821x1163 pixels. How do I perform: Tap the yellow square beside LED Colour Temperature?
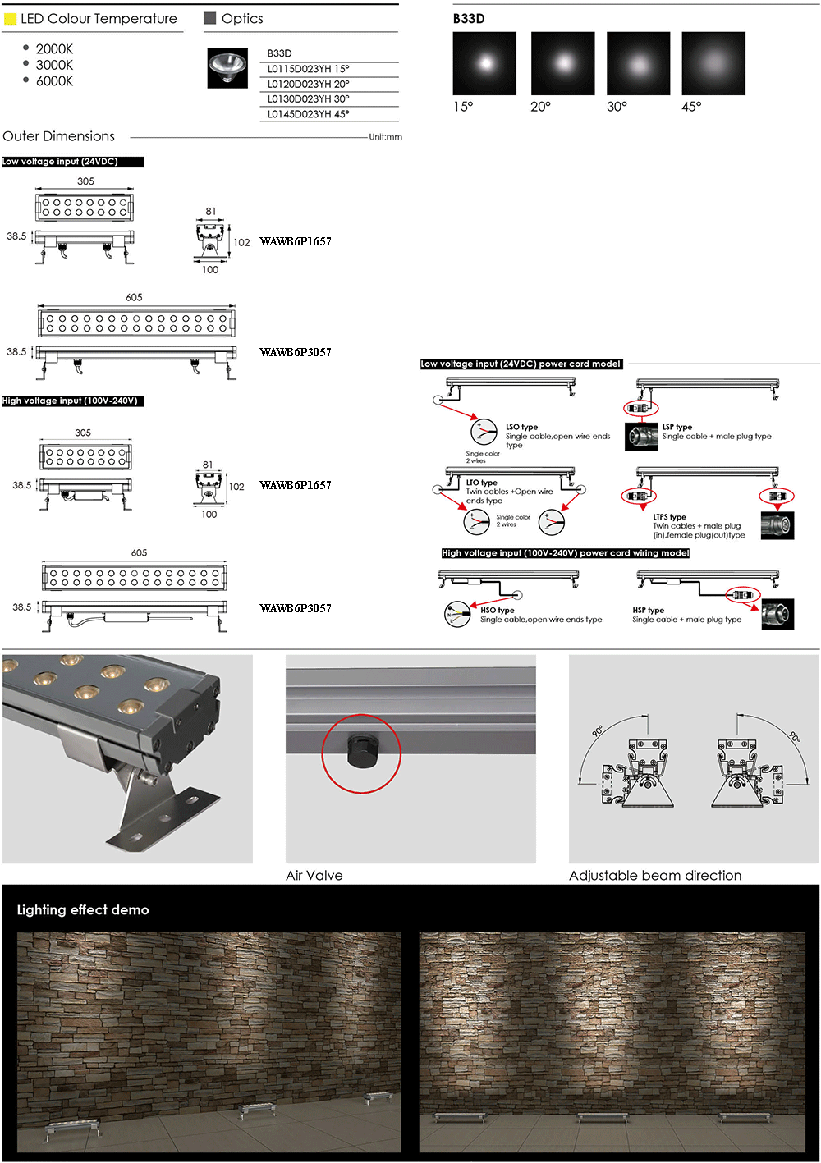coord(10,19)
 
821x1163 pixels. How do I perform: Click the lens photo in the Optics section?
coord(227,68)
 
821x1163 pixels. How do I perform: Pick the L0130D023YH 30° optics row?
coord(308,98)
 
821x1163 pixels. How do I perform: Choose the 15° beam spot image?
coord(484,63)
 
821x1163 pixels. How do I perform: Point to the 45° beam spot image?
coord(713,63)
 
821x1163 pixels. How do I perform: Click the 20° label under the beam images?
coord(540,107)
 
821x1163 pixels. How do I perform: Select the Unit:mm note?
coord(385,136)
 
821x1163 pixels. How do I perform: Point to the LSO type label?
coord(521,427)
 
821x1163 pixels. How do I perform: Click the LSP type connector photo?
coord(641,436)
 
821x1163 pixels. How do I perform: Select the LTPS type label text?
coord(669,516)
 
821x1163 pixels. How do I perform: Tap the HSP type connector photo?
coord(777,614)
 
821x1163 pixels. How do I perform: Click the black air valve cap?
coord(361,751)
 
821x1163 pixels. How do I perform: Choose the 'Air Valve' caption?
coord(314,876)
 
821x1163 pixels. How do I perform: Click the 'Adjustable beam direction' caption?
coord(655,876)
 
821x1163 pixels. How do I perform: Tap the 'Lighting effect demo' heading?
coord(83,910)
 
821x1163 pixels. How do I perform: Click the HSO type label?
coord(497,610)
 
